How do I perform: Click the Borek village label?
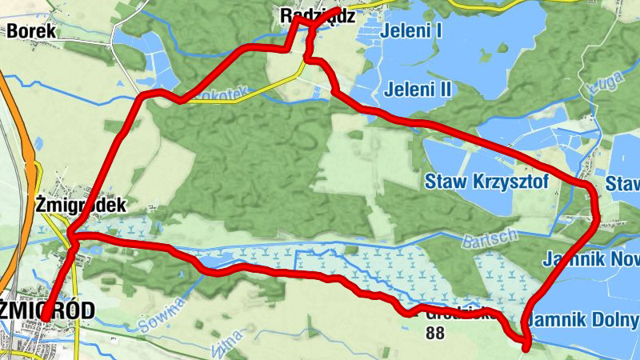click(x=31, y=31)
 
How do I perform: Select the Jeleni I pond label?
click(x=412, y=32)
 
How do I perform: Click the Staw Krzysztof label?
click(x=486, y=182)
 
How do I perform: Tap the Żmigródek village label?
click(x=81, y=205)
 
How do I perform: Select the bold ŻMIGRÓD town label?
click(x=48, y=310)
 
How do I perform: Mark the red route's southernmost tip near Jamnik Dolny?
click(x=526, y=348)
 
